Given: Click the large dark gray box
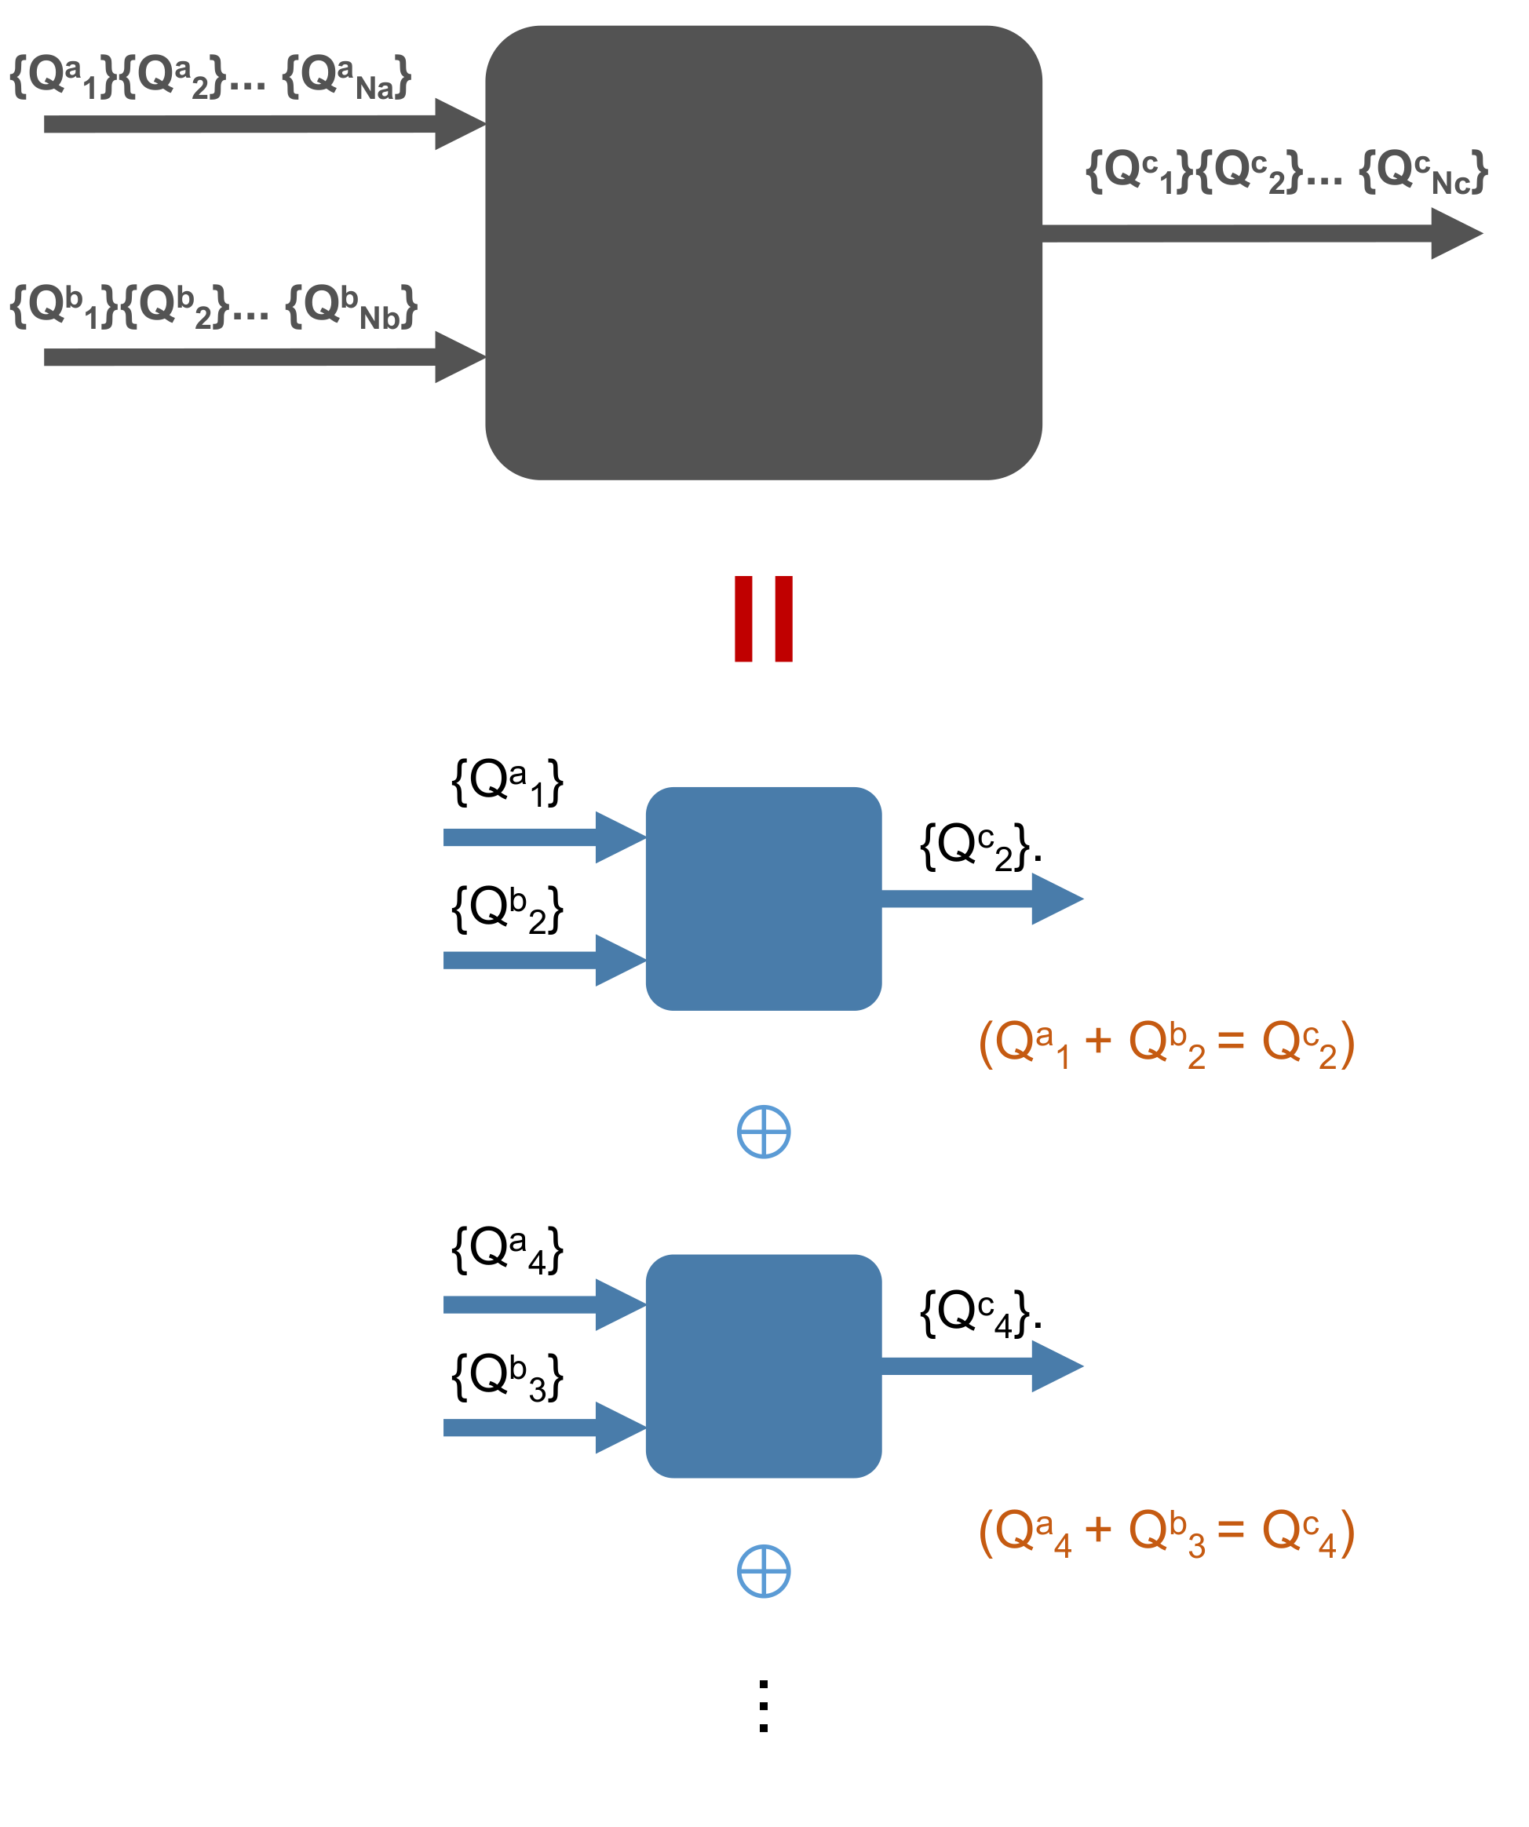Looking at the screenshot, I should click(x=763, y=252).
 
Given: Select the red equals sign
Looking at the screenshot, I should click(x=763, y=618).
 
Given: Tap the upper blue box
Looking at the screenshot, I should click(x=763, y=899).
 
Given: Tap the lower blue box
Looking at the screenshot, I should click(x=763, y=1366).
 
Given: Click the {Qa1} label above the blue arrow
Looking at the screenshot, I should click(x=506, y=781).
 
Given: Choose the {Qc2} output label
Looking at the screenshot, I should click(x=979, y=846).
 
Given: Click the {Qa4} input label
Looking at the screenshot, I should click(x=506, y=1250).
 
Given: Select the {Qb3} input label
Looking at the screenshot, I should click(x=506, y=1377).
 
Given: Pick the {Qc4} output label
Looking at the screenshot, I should click(x=979, y=1313).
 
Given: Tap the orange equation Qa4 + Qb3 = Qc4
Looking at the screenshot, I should click(x=1166, y=1532).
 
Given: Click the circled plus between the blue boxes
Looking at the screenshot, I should click(x=763, y=1132).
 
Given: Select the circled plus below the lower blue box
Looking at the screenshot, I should click(x=763, y=1571).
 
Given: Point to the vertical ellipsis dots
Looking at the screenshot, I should click(x=763, y=1706).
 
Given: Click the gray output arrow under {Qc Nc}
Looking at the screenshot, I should click(x=1253, y=233).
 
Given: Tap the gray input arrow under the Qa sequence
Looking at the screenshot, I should click(x=261, y=123).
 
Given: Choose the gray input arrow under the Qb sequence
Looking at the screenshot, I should click(x=261, y=357).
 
